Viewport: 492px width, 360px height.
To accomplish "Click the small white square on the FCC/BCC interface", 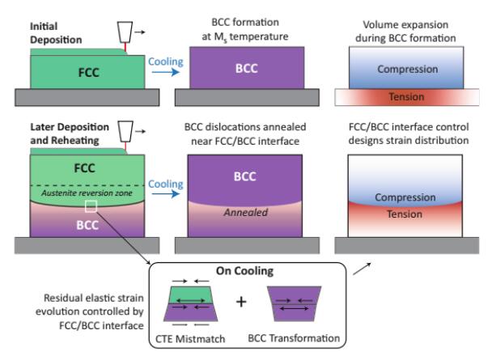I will (91, 207).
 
